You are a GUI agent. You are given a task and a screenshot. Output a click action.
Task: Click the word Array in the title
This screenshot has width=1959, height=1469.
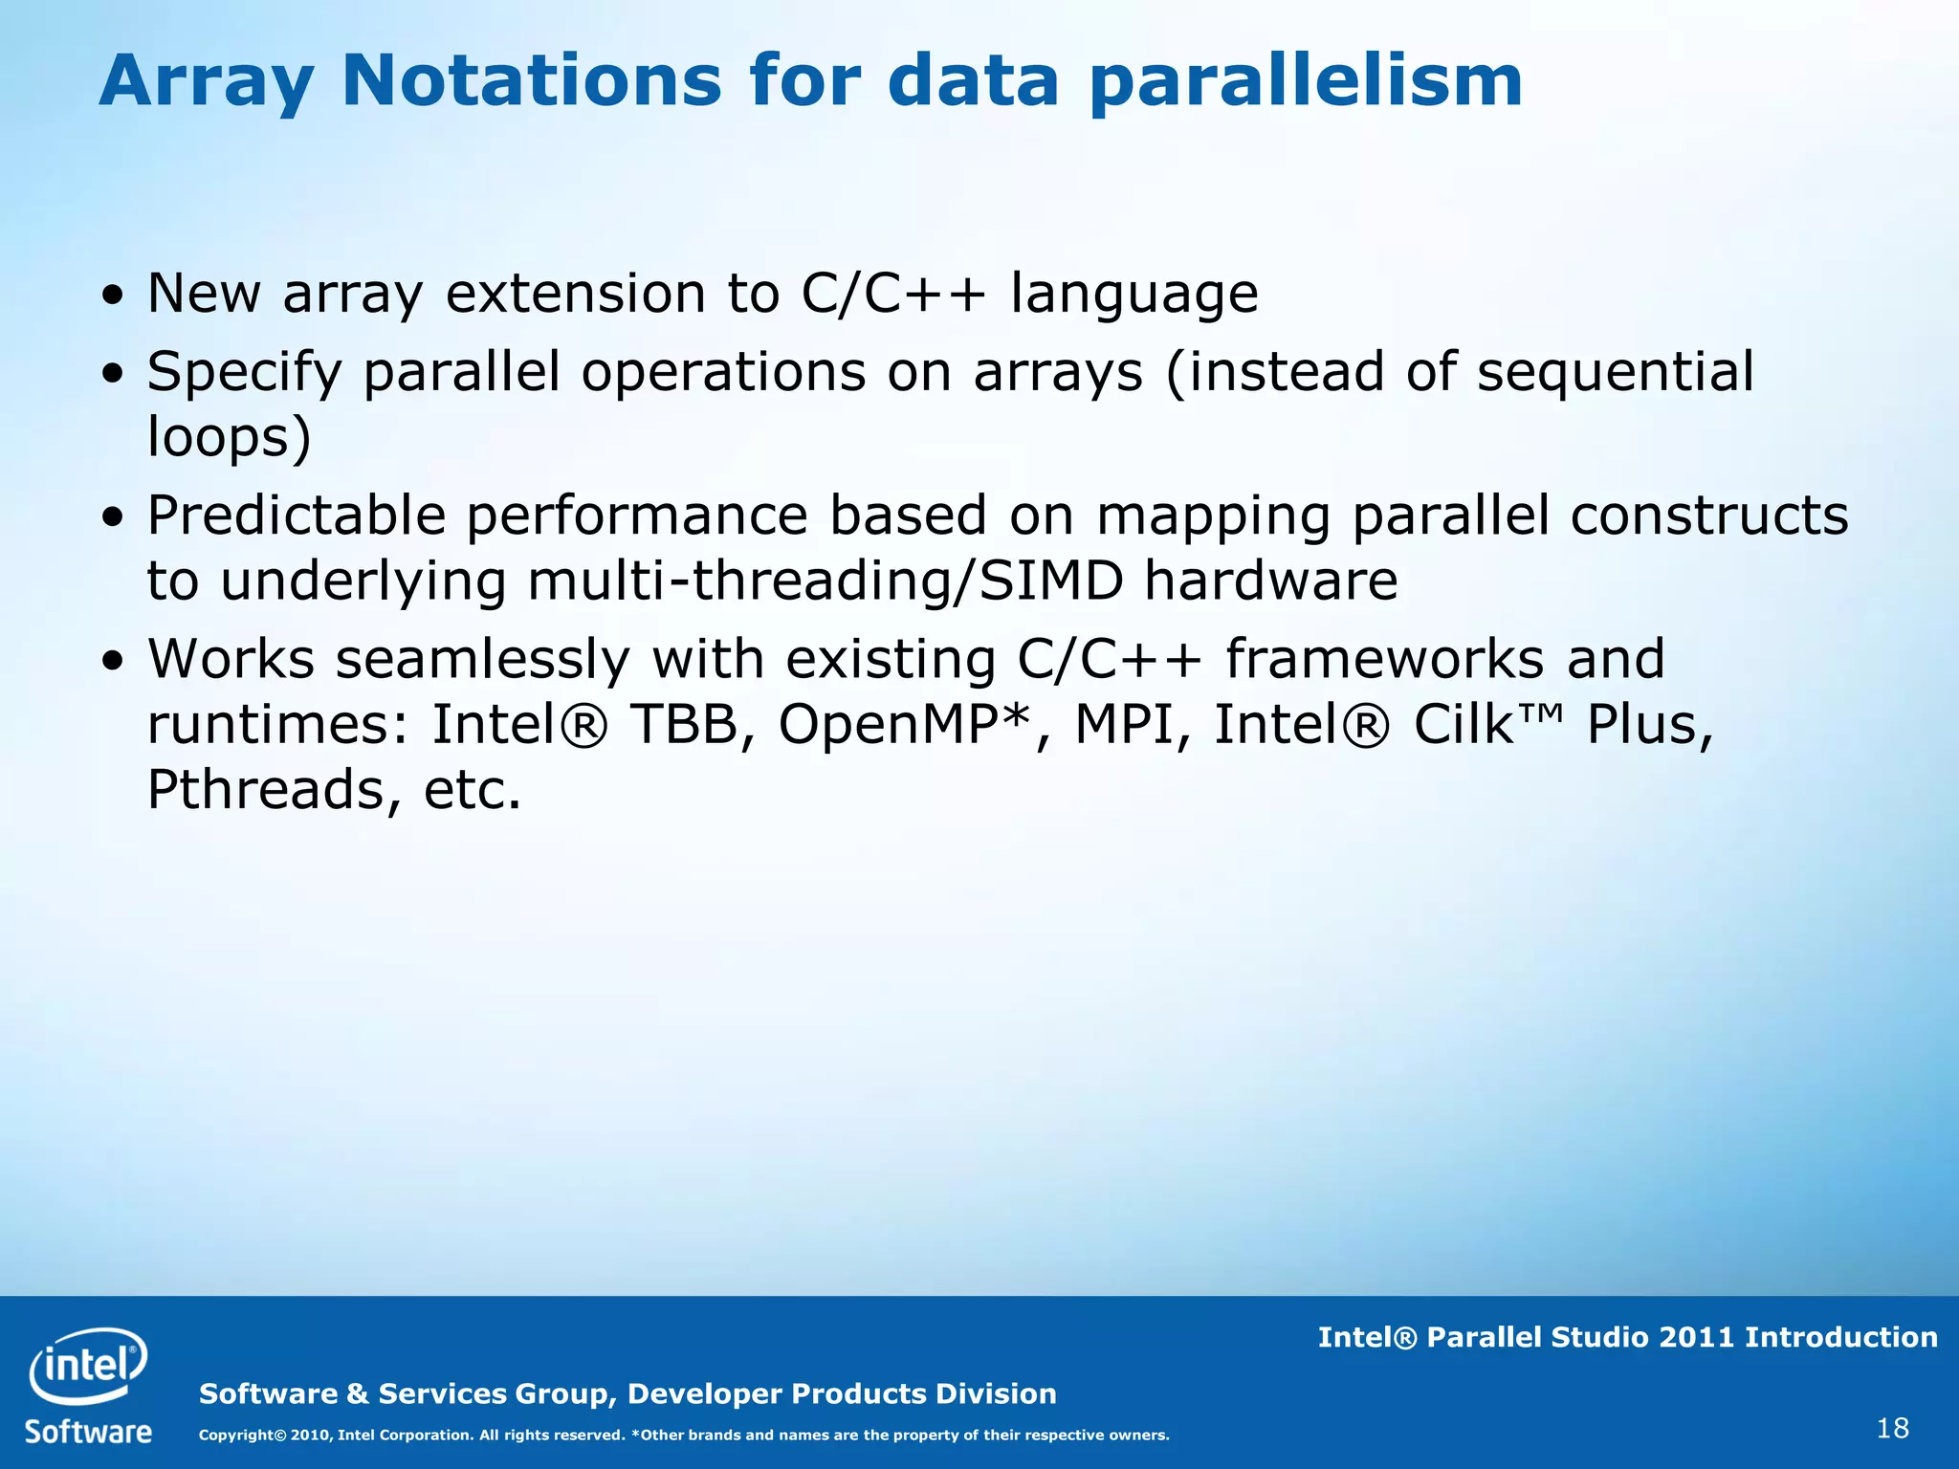[206, 81]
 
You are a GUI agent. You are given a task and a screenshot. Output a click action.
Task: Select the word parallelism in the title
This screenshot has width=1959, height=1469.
[1306, 81]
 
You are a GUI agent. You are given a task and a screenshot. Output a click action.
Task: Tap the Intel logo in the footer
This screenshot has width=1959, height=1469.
[88, 1366]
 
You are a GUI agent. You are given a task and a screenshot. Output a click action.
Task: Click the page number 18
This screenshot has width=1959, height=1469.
[1893, 1429]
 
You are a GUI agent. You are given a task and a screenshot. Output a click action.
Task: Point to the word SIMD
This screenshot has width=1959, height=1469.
[1051, 581]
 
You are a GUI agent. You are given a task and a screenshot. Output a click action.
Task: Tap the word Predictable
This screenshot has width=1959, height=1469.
[297, 516]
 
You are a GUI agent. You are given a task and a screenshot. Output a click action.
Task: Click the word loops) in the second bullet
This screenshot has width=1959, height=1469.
[230, 437]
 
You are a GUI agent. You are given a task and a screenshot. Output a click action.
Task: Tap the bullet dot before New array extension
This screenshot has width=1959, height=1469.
[114, 296]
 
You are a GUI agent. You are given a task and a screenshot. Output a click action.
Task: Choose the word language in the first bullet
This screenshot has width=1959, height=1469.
[1134, 295]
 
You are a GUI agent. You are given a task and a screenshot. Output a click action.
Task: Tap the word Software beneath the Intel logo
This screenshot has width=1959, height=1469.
[88, 1432]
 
